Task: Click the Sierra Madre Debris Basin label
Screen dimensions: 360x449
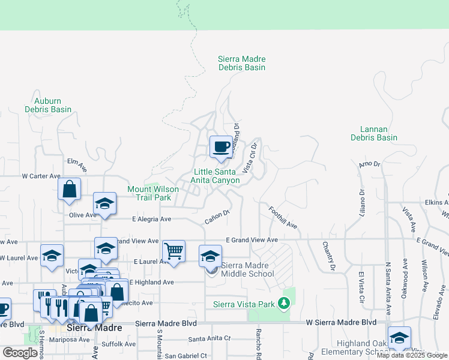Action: pyautogui.click(x=241, y=64)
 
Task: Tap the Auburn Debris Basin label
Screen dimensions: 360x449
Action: pyautogui.click(x=48, y=105)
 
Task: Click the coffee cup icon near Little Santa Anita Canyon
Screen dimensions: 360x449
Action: pyautogui.click(x=221, y=146)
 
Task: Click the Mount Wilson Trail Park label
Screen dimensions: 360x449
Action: pyautogui.click(x=153, y=193)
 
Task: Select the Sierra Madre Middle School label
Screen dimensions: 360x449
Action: pyautogui.click(x=247, y=269)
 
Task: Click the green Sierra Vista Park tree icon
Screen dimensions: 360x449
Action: pyautogui.click(x=284, y=304)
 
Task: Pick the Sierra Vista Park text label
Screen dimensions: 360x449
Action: pyautogui.click(x=244, y=304)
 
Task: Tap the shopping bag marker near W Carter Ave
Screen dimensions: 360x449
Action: pyautogui.click(x=70, y=188)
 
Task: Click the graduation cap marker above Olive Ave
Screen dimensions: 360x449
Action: pyautogui.click(x=104, y=203)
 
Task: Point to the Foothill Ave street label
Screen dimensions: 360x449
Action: pyautogui.click(x=283, y=217)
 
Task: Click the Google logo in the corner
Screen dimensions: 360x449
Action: pyautogui.click(x=20, y=352)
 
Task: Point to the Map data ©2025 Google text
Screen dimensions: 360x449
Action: pyautogui.click(x=411, y=356)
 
